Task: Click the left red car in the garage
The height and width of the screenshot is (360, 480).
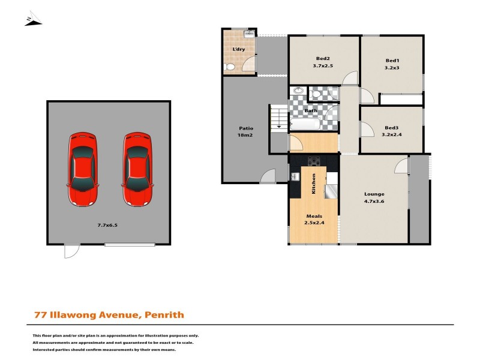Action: tap(83, 169)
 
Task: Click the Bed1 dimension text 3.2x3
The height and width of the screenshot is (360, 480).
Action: tap(392, 68)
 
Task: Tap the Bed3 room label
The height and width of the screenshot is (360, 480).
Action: tap(392, 127)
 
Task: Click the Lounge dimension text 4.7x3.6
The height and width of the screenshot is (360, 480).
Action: tap(374, 202)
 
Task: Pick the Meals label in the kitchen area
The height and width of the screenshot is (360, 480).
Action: tap(314, 217)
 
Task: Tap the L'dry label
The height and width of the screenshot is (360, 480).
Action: tap(238, 49)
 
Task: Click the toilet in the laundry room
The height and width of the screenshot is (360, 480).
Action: tap(229, 68)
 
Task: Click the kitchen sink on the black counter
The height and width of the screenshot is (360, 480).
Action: tap(295, 176)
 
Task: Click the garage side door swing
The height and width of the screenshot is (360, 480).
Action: tap(72, 251)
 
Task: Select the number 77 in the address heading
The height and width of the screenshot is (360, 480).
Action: tap(39, 314)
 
